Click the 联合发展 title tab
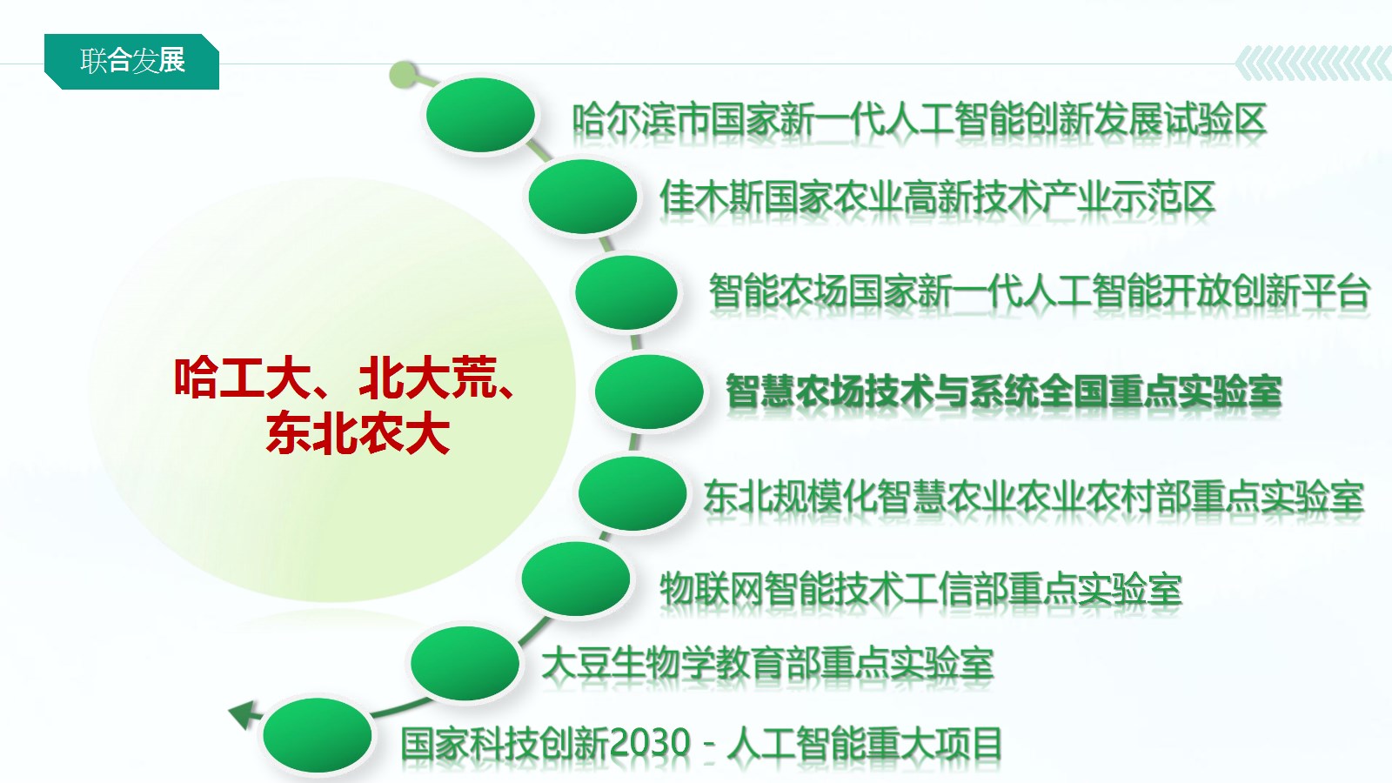pyautogui.click(x=131, y=62)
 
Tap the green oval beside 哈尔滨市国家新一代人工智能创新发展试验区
pyautogui.click(x=480, y=114)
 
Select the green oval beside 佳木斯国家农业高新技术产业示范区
pyautogui.click(x=582, y=196)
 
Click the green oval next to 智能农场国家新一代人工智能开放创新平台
pyautogui.click(x=626, y=292)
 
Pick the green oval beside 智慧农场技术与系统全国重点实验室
pyautogui.click(x=649, y=391)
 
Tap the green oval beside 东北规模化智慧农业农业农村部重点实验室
pyautogui.click(x=632, y=492)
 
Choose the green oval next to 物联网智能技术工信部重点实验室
pyautogui.click(x=575, y=578)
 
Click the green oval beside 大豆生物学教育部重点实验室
pyautogui.click(x=465, y=663)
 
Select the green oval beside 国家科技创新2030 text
pyautogui.click(x=317, y=735)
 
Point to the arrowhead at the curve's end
pyautogui.click(x=242, y=714)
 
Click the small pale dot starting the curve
pyautogui.click(x=403, y=75)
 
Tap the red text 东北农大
pyautogui.click(x=358, y=434)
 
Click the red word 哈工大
pyautogui.click(x=243, y=378)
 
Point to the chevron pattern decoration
pyautogui.click(x=1313, y=64)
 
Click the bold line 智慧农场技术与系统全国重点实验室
pyautogui.click(x=1004, y=392)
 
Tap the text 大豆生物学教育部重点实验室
pyautogui.click(x=767, y=664)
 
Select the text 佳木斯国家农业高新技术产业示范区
pyautogui.click(x=937, y=197)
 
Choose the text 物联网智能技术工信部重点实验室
pyautogui.click(x=920, y=589)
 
